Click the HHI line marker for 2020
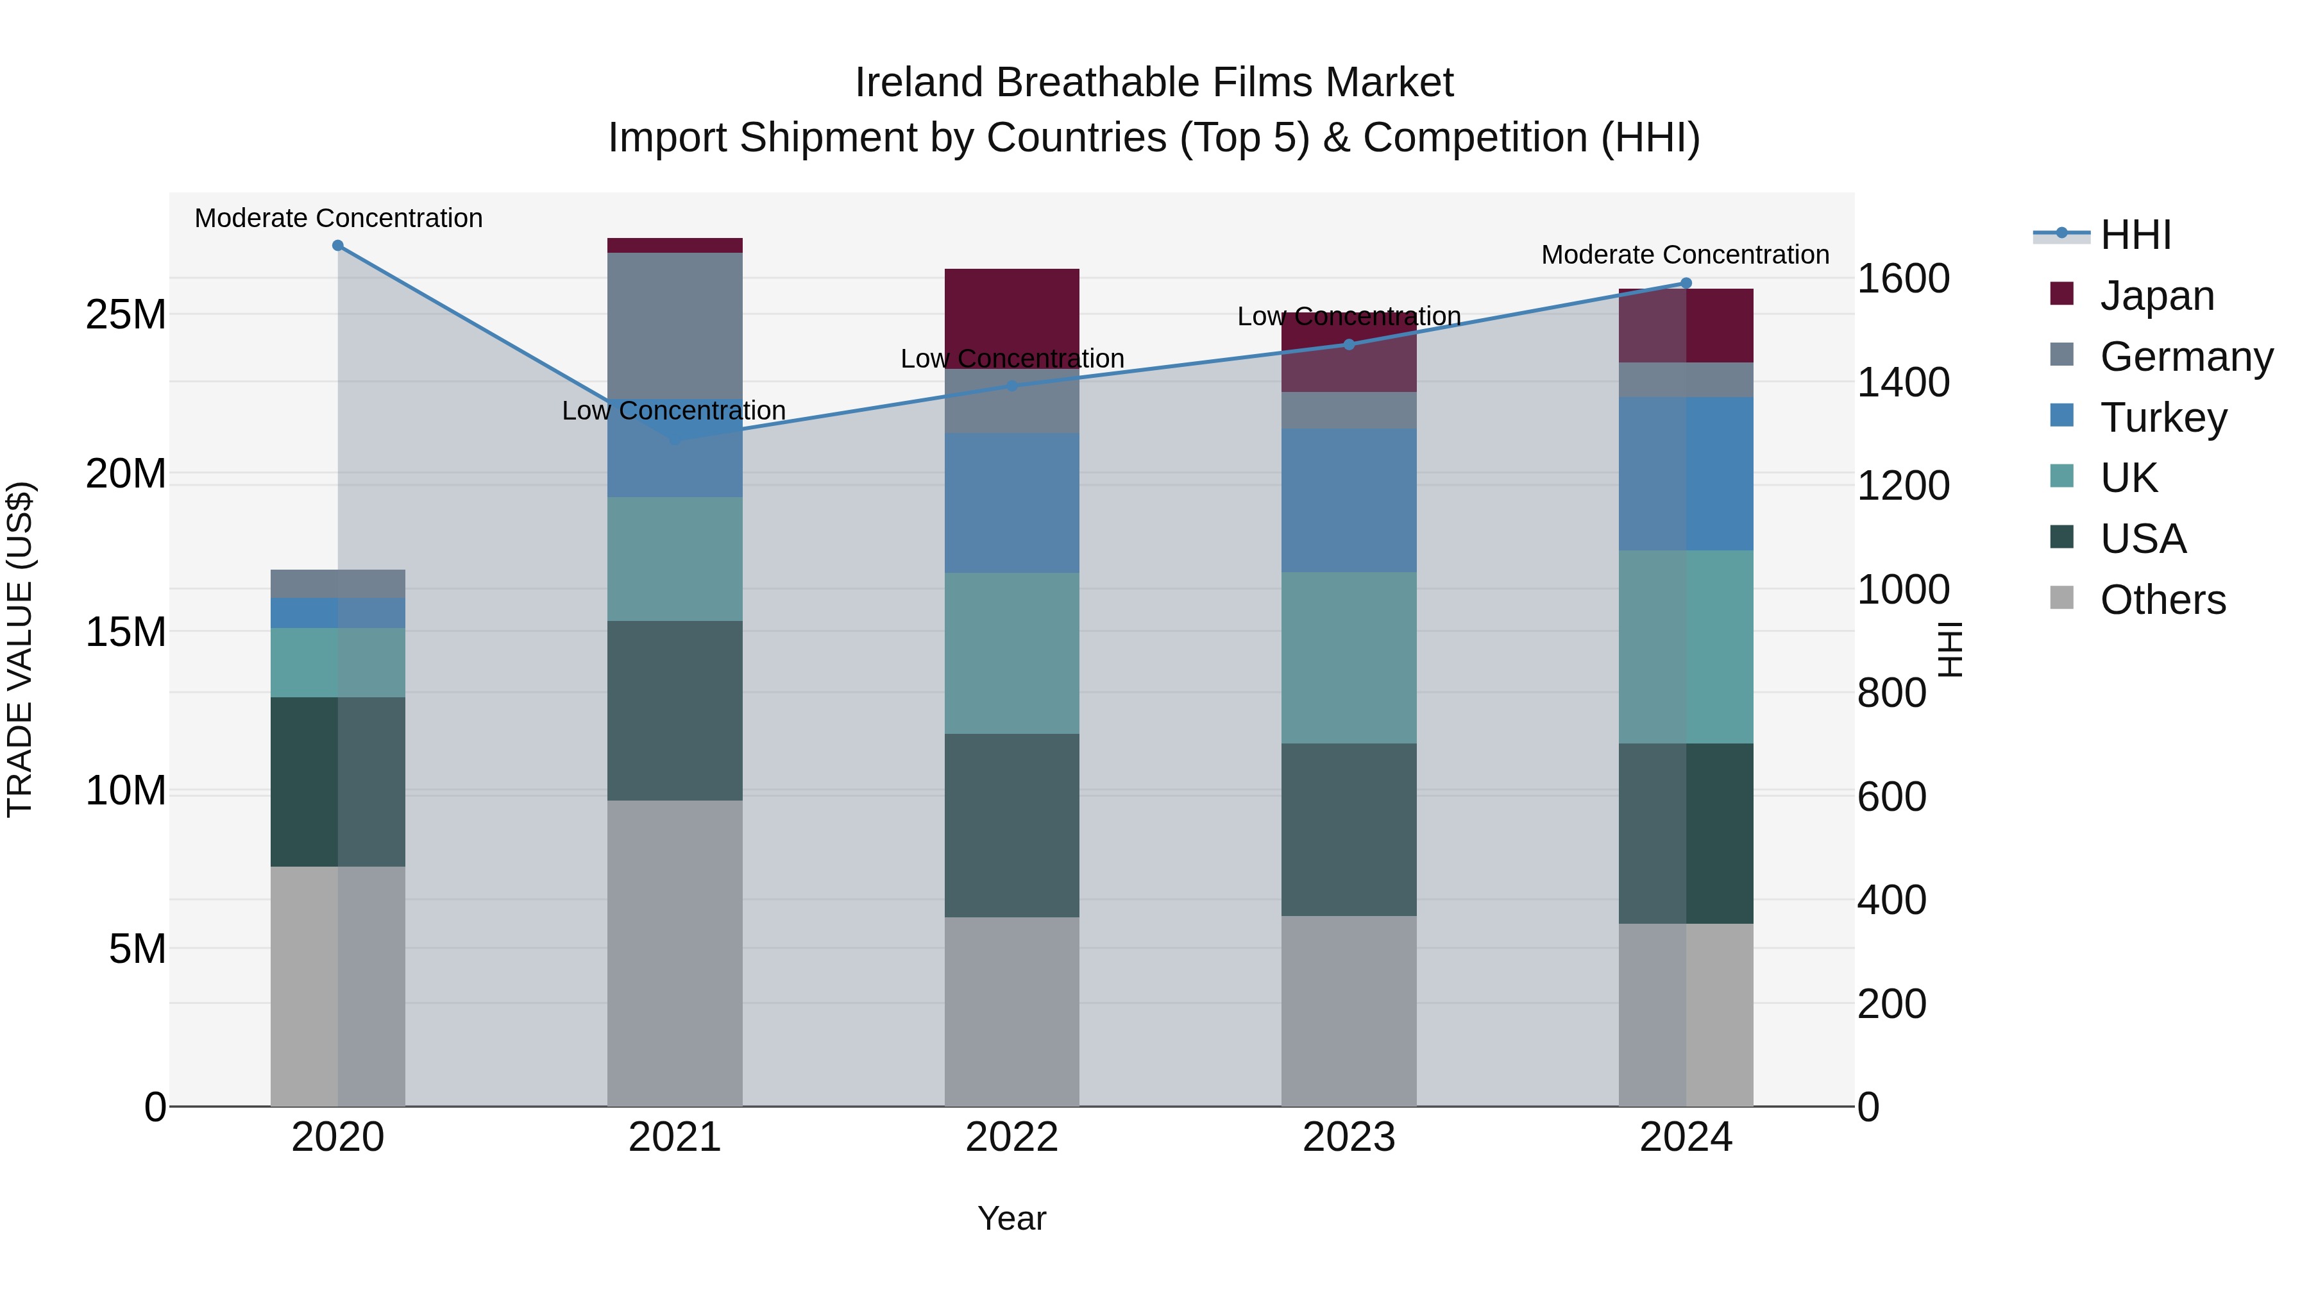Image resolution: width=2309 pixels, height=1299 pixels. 338,246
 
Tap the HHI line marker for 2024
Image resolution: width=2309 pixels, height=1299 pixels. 1685,284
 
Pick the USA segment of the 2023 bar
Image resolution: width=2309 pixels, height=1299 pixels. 1348,829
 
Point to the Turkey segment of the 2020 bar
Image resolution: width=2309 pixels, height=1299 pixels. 338,613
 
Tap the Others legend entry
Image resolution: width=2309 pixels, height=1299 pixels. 2162,600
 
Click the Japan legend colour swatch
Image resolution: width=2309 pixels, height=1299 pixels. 2061,294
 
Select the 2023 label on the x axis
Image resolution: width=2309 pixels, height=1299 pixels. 1348,1137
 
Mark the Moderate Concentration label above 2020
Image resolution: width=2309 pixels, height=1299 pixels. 338,218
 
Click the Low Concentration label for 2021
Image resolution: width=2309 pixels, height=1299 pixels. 673,411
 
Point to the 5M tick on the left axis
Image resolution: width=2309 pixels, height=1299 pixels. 137,949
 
